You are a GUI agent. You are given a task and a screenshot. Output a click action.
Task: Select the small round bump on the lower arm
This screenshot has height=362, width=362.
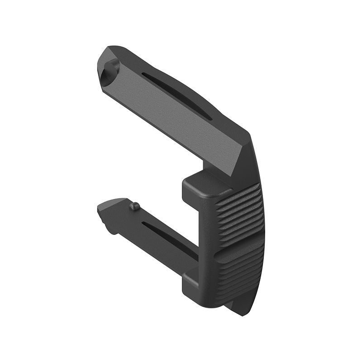pyautogui.click(x=133, y=206)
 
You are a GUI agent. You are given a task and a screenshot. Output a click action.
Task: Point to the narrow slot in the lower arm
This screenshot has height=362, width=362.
pyautogui.click(x=170, y=238)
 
